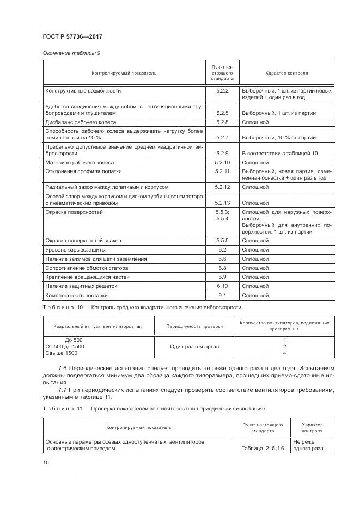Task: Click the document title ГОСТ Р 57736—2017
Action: [x=72, y=36]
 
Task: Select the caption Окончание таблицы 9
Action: [x=71, y=53]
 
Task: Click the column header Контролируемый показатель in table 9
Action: [x=124, y=72]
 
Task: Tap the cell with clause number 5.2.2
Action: [x=221, y=90]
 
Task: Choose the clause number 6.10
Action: [x=222, y=286]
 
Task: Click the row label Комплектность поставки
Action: [x=76, y=295]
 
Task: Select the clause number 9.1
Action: [x=222, y=295]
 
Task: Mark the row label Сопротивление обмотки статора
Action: [x=87, y=268]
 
